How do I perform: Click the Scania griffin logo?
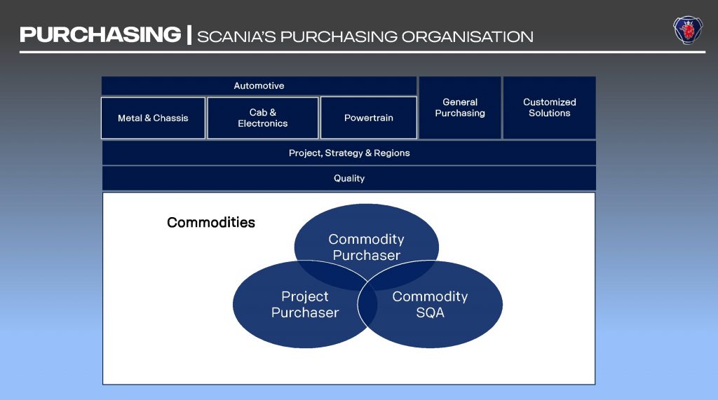point(688,30)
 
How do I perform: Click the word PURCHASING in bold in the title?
point(100,34)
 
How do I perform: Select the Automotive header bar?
point(259,85)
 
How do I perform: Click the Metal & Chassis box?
point(153,118)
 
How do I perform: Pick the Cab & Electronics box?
point(263,118)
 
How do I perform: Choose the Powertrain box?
point(368,118)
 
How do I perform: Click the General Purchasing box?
point(460,107)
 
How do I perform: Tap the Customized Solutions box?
point(550,107)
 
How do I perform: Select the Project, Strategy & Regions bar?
point(349,153)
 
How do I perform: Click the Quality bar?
point(349,178)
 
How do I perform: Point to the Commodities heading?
point(211,223)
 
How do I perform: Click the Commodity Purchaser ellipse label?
point(366,247)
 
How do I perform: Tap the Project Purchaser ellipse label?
point(305,305)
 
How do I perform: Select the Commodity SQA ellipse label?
point(430,305)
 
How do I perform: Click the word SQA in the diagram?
point(430,313)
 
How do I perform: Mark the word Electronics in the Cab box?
point(263,123)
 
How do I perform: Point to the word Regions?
point(392,153)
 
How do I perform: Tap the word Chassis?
point(170,118)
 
